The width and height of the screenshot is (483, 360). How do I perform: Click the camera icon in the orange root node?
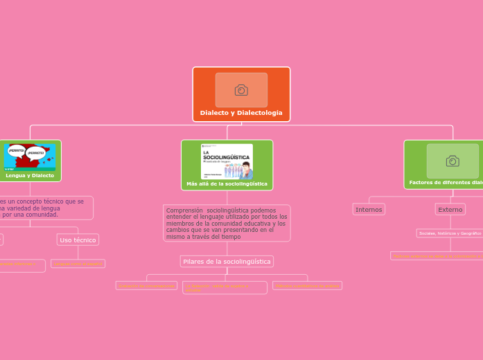point(241,90)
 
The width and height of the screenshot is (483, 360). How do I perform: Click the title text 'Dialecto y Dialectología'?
point(241,113)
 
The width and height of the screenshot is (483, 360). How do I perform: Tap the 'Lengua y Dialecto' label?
point(30,176)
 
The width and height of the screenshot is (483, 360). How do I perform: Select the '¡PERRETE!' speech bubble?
point(35,152)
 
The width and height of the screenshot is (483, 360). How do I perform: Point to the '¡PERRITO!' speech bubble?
point(17,150)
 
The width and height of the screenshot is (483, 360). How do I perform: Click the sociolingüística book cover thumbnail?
point(227,161)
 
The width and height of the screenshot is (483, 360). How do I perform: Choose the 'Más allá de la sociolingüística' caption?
point(227,184)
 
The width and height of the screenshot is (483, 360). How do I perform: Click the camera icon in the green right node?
point(452,161)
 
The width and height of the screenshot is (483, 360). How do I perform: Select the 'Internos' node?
point(369,209)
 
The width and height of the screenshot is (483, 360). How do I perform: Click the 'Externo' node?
point(450,209)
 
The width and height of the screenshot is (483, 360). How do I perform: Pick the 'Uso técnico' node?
point(78,240)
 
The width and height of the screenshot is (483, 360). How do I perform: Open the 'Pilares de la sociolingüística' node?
point(227,261)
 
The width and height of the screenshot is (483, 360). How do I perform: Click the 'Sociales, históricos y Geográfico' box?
point(450,233)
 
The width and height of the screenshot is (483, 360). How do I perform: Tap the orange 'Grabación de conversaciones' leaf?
point(146,285)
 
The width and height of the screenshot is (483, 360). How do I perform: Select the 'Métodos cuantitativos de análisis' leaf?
point(307,285)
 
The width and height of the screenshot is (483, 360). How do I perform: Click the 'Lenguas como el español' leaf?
point(78,264)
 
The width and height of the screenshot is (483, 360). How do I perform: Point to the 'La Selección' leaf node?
point(225,287)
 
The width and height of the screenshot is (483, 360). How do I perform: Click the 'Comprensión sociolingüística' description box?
point(227,223)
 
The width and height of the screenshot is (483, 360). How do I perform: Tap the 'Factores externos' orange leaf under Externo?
point(437,256)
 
